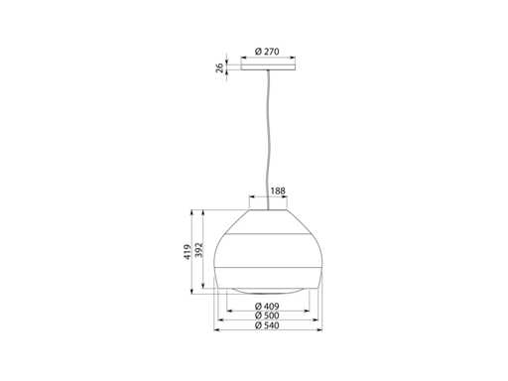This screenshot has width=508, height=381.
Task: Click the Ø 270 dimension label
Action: [x=267, y=52]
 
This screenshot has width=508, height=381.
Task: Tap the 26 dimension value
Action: [x=219, y=67]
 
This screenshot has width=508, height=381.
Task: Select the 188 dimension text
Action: [x=278, y=191]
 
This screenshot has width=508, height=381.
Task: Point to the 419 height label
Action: [x=188, y=252]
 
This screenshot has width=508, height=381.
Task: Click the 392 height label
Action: [x=199, y=250]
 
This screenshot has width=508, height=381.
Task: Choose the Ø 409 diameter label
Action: [x=267, y=306]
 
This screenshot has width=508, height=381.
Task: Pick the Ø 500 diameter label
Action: [x=267, y=316]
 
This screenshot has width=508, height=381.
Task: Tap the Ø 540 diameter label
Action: [x=267, y=325]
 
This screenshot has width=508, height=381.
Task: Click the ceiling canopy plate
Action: [x=268, y=67]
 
